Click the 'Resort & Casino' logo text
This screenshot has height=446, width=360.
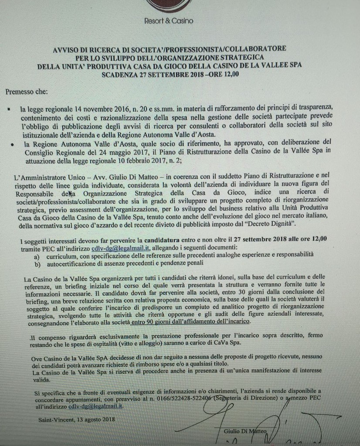[x=168, y=21]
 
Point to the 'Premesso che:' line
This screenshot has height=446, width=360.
[x=27, y=92]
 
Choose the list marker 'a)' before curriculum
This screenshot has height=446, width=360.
[x=37, y=256]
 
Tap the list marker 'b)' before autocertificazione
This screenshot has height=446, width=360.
[x=37, y=264]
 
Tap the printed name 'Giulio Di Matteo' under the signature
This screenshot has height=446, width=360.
[x=245, y=431]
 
